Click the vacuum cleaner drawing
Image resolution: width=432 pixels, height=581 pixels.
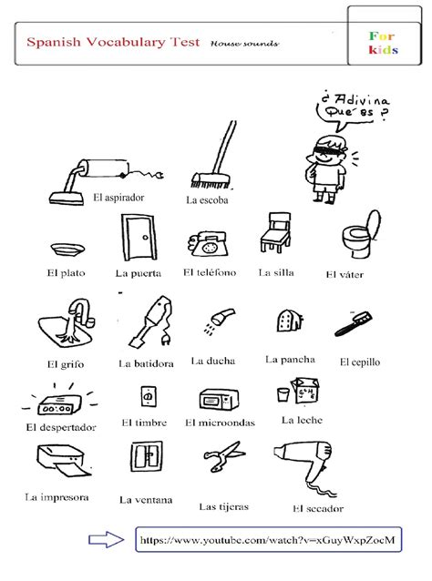(x=105, y=181)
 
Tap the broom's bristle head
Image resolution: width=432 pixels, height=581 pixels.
(x=211, y=180)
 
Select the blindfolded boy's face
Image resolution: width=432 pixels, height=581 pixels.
(x=327, y=151)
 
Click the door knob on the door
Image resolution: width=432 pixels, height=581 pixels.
(x=145, y=237)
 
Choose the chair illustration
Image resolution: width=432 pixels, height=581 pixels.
(x=275, y=232)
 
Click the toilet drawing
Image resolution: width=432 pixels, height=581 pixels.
(x=361, y=234)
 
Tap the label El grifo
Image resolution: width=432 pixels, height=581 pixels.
(x=66, y=364)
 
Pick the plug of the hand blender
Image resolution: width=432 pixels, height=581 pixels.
(x=166, y=339)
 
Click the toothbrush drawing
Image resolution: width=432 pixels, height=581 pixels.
(x=354, y=324)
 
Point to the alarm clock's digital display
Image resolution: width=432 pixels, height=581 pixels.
(x=57, y=409)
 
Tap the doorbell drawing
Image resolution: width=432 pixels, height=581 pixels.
(x=149, y=397)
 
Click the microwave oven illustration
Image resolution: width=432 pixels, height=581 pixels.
(x=219, y=399)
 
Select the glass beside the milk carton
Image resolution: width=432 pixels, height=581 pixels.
(x=283, y=394)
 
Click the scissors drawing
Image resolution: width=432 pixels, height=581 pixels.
(x=223, y=456)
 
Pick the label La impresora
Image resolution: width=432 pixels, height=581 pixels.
(x=57, y=497)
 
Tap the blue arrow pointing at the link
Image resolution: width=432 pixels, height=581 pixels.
(x=107, y=539)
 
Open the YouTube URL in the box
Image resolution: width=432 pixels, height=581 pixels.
(x=267, y=540)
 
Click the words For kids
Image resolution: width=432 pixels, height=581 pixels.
(x=383, y=43)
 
